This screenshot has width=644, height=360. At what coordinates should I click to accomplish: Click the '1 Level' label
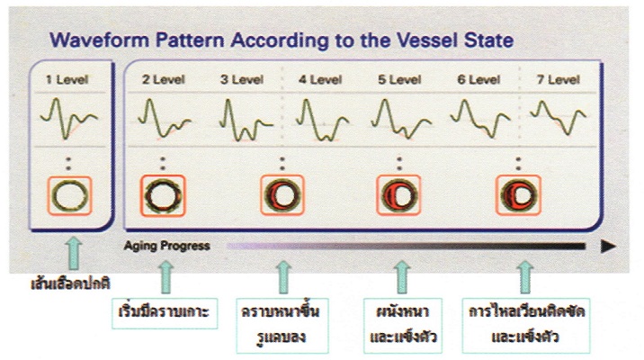coord(67,79)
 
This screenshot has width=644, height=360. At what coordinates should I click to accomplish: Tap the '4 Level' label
coord(320,79)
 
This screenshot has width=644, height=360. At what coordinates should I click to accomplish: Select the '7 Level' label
coord(559,79)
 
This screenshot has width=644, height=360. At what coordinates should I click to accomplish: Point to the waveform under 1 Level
coord(68,118)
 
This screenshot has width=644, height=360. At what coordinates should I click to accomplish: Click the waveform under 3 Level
coord(246,120)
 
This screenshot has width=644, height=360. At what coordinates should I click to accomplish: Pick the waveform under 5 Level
coord(401,119)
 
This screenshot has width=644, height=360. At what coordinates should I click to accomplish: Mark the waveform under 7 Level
coord(558,117)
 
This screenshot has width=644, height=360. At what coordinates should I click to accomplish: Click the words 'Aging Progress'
coord(166,246)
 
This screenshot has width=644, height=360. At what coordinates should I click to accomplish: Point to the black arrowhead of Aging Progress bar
coord(608,247)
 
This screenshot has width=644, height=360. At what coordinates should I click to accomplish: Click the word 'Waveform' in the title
coord(99,40)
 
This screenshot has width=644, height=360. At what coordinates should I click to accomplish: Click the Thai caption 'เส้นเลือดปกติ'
coord(70,283)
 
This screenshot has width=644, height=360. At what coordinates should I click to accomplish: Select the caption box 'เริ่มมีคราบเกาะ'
coord(165,313)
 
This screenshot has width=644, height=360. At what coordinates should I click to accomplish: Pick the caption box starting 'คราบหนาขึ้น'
coord(282,326)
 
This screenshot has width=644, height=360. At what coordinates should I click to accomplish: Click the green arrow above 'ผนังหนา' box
coord(402,276)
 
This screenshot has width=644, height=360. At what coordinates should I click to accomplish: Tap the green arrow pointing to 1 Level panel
coord(74,253)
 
